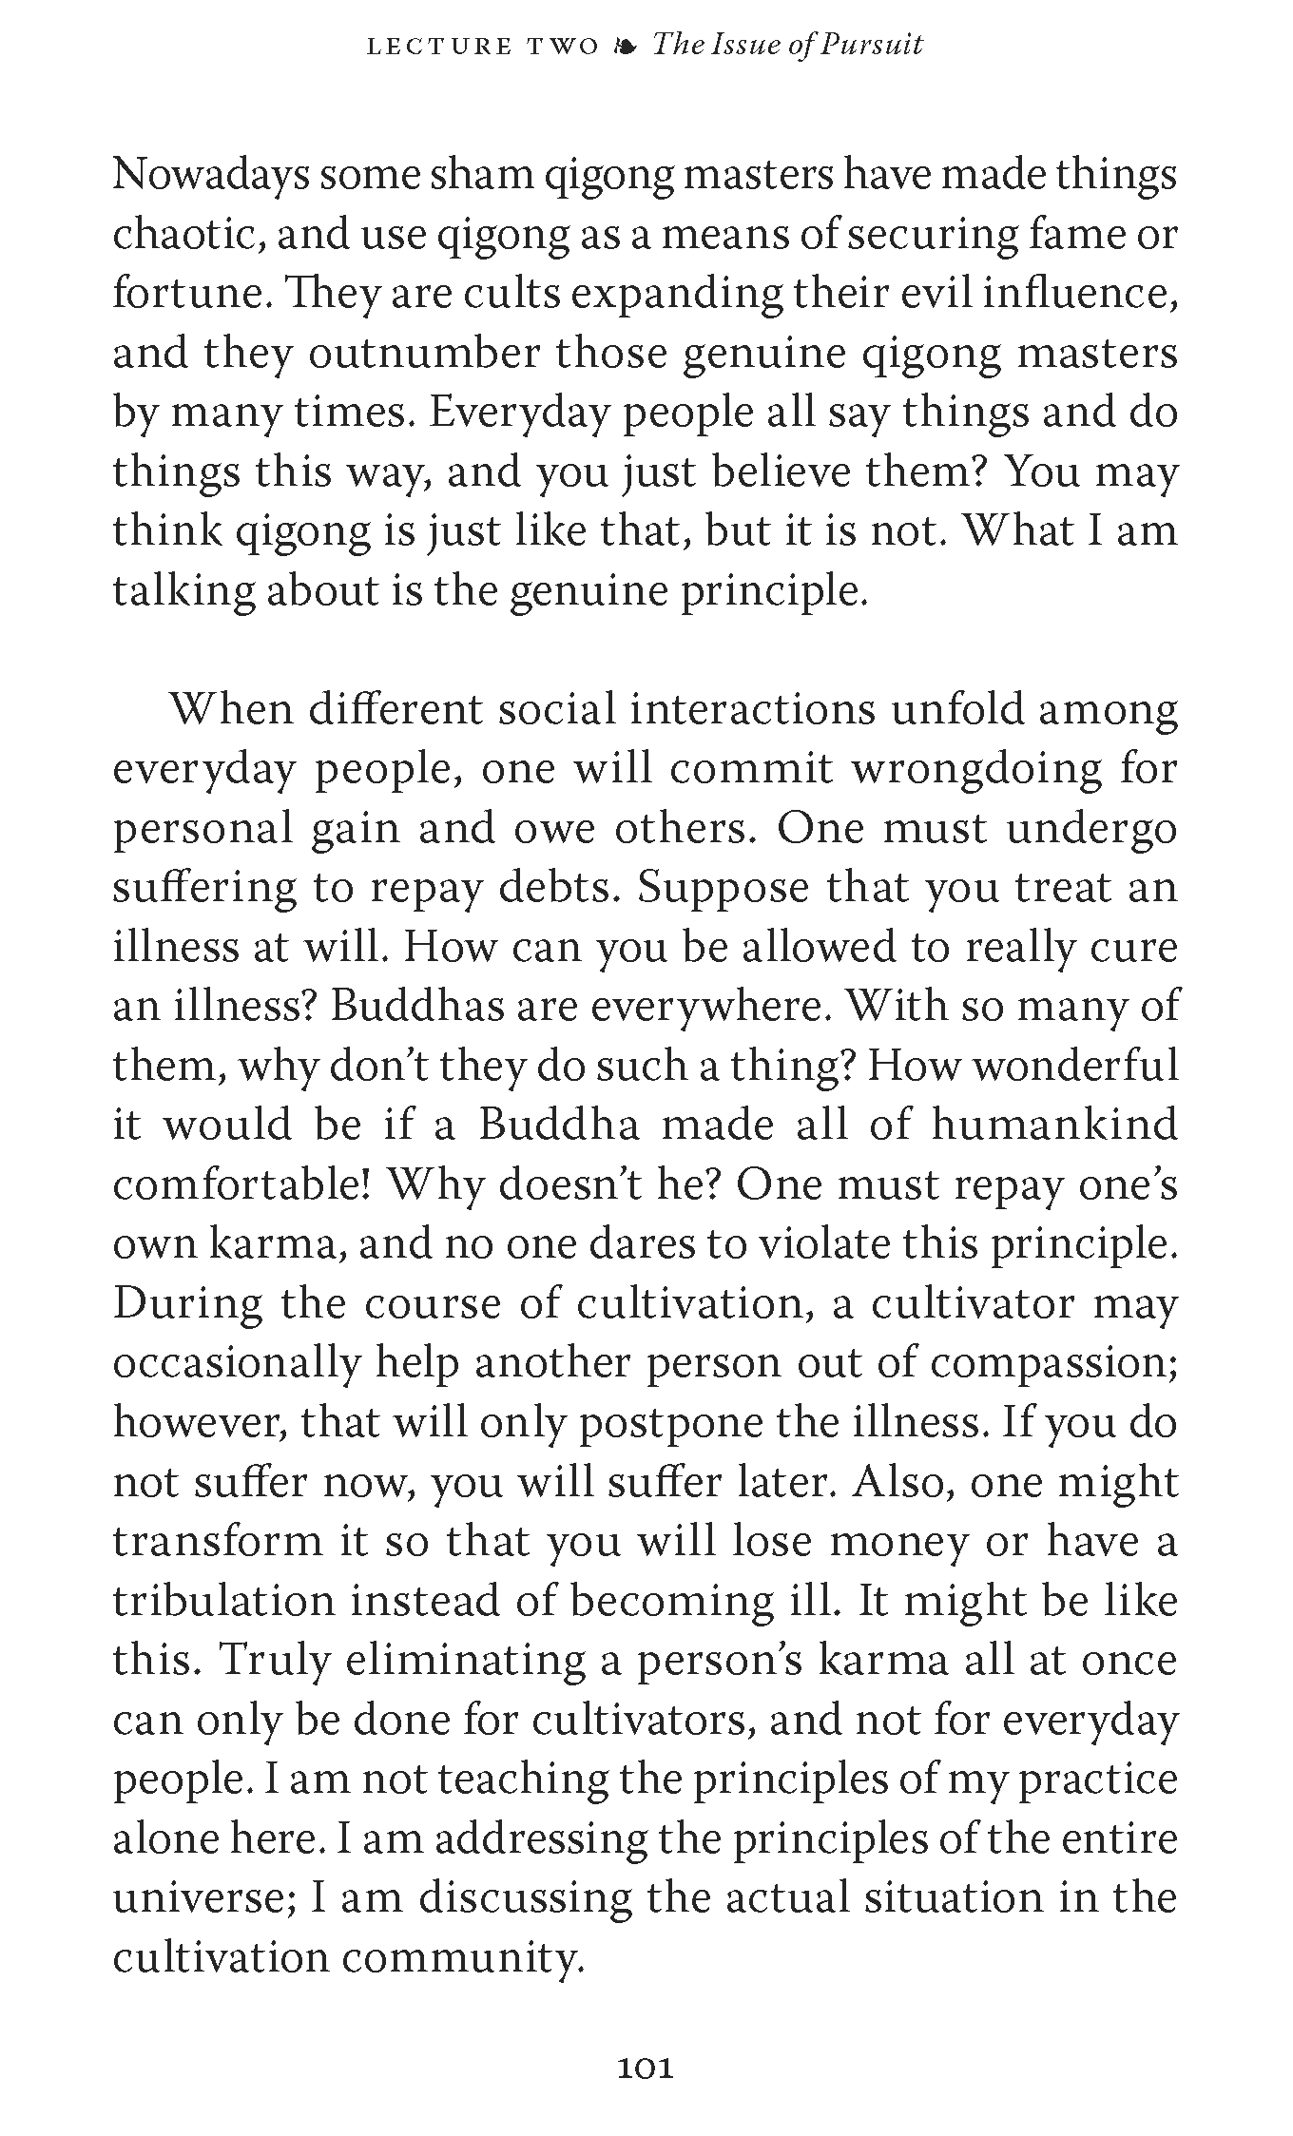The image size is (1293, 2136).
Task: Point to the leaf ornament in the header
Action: [x=625, y=46]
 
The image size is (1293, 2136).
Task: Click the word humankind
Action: [x=1053, y=1125]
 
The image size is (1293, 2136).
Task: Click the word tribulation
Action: [x=223, y=1601]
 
